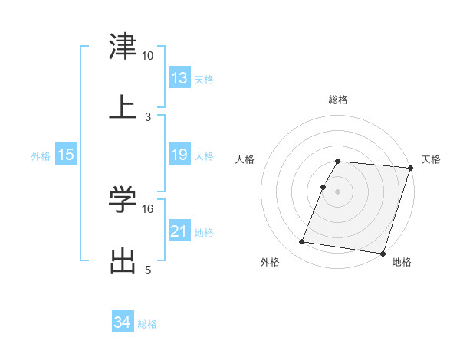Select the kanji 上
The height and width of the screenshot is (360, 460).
tap(123, 106)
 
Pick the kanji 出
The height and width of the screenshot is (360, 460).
tap(123, 260)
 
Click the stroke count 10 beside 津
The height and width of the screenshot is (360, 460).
tap(148, 56)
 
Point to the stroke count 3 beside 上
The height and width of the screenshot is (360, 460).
tap(148, 116)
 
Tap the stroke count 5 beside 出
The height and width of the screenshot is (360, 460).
tap(148, 270)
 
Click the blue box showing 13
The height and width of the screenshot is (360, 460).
tap(179, 78)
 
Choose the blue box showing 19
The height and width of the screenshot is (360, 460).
tap(179, 155)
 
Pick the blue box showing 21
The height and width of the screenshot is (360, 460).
tap(179, 231)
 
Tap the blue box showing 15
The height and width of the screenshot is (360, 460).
tap(66, 155)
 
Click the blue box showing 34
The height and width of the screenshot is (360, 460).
tap(123, 323)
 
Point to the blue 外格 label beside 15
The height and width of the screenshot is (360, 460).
tap(41, 155)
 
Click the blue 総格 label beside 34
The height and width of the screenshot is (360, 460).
tap(147, 324)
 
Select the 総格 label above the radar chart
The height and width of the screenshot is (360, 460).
tap(338, 100)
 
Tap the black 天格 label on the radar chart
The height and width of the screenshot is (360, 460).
tap(431, 159)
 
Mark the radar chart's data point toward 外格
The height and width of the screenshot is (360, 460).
tap(302, 242)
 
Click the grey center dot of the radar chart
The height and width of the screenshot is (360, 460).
tap(338, 191)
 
